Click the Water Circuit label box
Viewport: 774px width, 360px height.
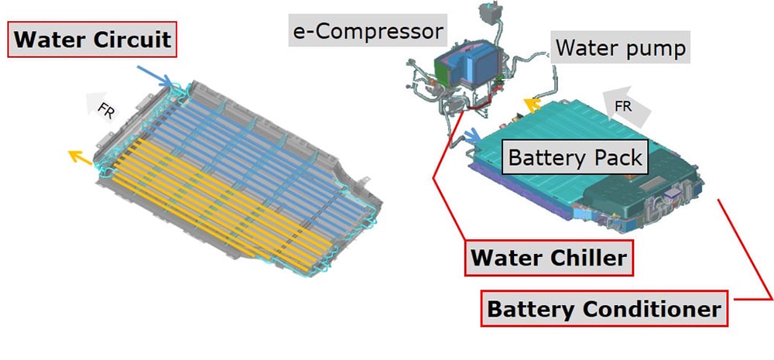point(92,40)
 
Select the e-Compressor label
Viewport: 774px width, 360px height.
point(368,31)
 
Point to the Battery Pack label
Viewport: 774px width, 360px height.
point(575,158)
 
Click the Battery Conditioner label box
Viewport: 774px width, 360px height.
point(603,309)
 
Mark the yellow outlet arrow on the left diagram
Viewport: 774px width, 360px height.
point(79,157)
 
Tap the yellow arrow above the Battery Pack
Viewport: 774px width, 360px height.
point(530,105)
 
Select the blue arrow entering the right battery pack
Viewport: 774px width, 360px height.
point(468,136)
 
